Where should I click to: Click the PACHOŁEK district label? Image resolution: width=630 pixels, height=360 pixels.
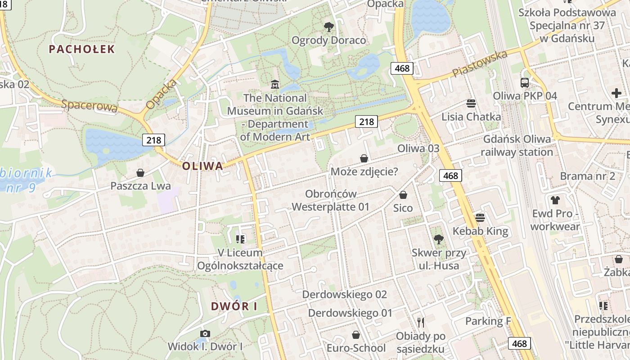(82, 49)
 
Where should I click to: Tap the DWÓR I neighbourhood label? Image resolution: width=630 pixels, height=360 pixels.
(234, 307)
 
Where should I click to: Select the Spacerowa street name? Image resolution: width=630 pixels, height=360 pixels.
(90, 106)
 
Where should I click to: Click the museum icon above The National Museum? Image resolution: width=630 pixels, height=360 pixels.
(274, 84)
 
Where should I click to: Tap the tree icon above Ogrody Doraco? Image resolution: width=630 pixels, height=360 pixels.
(329, 27)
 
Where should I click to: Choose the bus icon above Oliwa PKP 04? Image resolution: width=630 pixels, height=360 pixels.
(525, 83)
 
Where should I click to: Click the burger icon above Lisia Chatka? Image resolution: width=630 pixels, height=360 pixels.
(471, 104)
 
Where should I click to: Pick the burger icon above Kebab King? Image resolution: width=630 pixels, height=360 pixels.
(480, 218)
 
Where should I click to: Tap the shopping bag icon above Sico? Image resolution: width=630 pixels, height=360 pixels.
(403, 195)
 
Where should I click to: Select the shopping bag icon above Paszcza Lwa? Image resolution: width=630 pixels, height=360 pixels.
(140, 173)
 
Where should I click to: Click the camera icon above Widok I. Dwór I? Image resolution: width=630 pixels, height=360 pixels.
(205, 333)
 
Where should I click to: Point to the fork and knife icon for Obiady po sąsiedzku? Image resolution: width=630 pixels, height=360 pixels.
(421, 323)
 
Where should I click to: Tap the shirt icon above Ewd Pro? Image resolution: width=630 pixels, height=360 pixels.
(555, 200)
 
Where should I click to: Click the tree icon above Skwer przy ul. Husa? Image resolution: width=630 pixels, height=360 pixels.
(439, 239)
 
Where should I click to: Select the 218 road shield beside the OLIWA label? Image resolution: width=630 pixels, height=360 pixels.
(153, 140)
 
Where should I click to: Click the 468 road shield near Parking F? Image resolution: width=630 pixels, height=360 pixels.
(519, 343)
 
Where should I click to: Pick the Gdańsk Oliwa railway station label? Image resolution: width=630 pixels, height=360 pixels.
(517, 146)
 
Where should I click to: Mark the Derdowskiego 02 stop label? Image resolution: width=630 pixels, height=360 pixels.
(344, 295)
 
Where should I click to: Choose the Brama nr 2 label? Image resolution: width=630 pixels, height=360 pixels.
(587, 176)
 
